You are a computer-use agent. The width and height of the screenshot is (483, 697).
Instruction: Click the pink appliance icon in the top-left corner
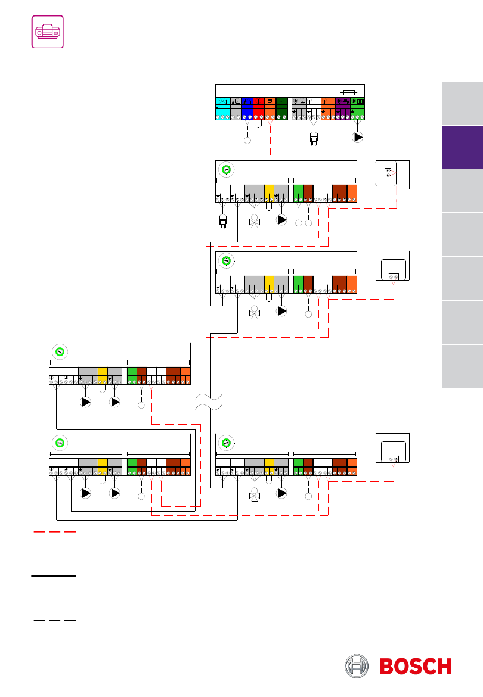(x=48, y=32)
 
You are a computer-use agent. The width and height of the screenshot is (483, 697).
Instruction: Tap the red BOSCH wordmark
(x=416, y=667)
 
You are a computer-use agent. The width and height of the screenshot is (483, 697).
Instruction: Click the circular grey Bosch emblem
(x=357, y=666)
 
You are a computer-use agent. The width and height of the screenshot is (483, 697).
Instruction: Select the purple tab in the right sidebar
(x=462, y=147)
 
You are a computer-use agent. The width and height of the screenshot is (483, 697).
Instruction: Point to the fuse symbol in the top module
(x=348, y=92)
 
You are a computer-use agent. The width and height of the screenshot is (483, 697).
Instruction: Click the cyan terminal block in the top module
(x=223, y=109)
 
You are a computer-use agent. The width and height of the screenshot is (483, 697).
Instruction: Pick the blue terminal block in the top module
(x=247, y=109)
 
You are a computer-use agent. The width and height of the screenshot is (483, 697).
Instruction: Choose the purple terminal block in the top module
(x=343, y=109)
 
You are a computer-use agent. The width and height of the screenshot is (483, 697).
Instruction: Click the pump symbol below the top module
(x=358, y=138)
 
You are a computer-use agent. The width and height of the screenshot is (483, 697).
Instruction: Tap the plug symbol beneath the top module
(x=314, y=139)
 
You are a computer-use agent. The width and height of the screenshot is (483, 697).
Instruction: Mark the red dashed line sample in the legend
(x=55, y=531)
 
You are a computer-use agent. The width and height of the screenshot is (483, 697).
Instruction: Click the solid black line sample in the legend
(x=54, y=575)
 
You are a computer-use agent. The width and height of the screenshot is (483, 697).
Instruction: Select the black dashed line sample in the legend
(x=55, y=620)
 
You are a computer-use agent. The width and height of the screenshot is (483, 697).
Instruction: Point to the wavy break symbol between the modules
(x=209, y=402)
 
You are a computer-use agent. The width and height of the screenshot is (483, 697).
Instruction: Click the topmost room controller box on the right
(x=392, y=175)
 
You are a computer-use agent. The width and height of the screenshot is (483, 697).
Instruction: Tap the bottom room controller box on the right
(x=392, y=448)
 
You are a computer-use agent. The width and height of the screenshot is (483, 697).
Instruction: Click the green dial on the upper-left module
(x=60, y=352)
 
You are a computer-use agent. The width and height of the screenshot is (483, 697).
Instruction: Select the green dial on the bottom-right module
(x=226, y=443)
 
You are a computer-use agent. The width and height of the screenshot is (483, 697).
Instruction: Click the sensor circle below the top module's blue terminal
(x=247, y=141)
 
